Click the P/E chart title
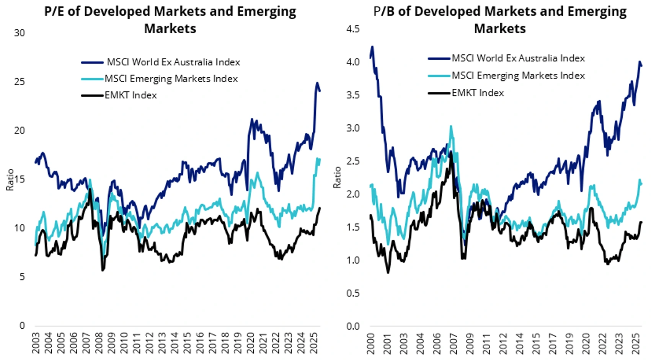[x=170, y=20]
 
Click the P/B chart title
[x=500, y=20]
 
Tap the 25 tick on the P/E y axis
[x=20, y=82]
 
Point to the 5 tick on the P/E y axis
[x=22, y=277]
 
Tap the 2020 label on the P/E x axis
[x=250, y=343]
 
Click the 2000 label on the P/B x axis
[x=370, y=343]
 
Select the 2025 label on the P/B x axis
[x=636, y=343]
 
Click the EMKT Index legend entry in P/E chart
[x=131, y=95]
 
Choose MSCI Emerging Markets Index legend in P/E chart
[x=171, y=79]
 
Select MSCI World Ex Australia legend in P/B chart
[x=518, y=58]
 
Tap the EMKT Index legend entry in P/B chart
[x=478, y=93]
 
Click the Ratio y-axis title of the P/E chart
[x=10, y=180]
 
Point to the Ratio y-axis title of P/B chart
[x=337, y=177]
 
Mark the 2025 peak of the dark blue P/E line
[x=317, y=83]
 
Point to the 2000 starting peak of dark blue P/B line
[x=372, y=47]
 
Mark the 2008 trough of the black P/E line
[x=103, y=270]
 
